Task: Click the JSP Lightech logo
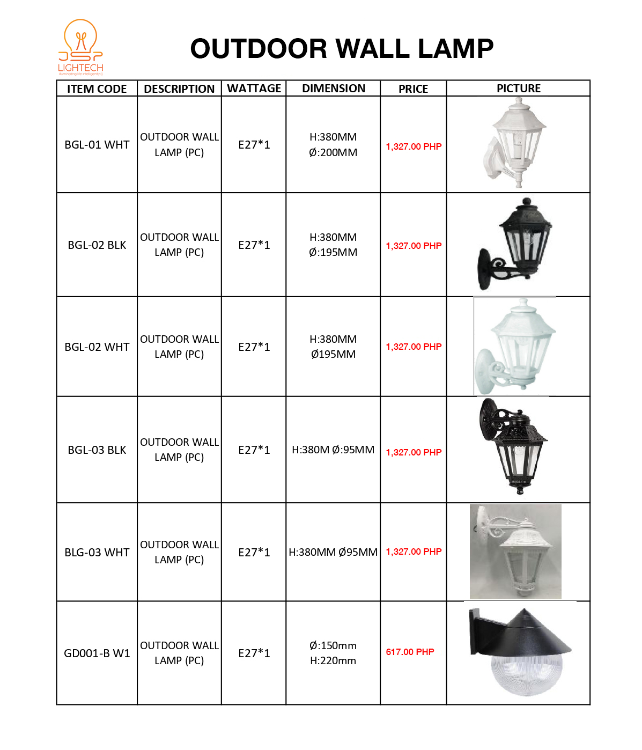pyautogui.click(x=80, y=47)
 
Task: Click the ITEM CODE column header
pyautogui.click(x=97, y=89)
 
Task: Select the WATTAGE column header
pyautogui.click(x=254, y=89)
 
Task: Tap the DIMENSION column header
pyautogui.click(x=333, y=89)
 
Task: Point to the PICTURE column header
pyautogui.click(x=518, y=89)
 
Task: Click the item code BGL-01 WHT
pyautogui.click(x=97, y=145)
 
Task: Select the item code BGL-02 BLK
pyautogui.click(x=97, y=245)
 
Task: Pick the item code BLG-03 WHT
pyautogui.click(x=97, y=553)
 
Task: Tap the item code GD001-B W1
pyautogui.click(x=97, y=653)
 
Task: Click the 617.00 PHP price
pyautogui.click(x=410, y=652)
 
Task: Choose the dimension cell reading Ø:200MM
pyautogui.click(x=333, y=153)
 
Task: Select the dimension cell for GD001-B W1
pyautogui.click(x=333, y=653)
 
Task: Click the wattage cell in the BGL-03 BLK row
pyautogui.click(x=254, y=450)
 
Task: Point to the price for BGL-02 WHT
pyautogui.click(x=414, y=347)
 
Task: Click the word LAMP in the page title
pyautogui.click(x=455, y=49)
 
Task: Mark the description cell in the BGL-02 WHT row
pyautogui.click(x=179, y=347)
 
